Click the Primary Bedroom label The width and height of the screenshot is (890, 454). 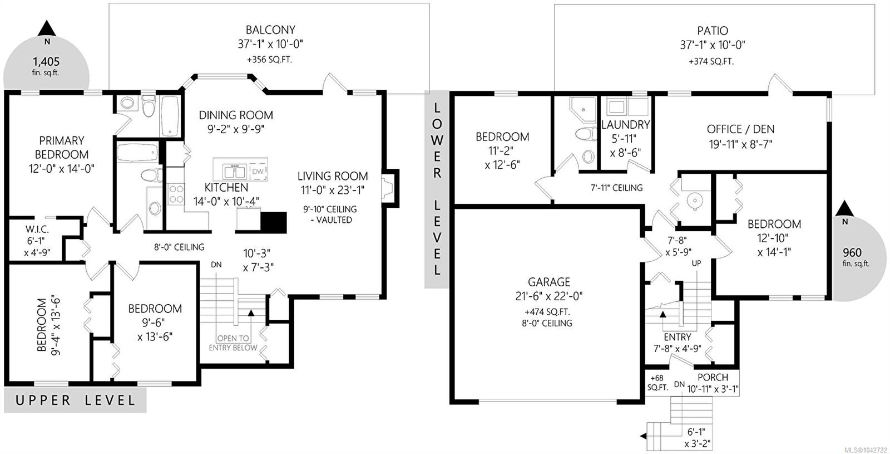point(62,148)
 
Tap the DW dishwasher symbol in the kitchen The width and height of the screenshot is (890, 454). point(258,171)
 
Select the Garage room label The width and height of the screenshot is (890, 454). point(548,282)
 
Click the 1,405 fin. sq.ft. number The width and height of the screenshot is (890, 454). point(46,62)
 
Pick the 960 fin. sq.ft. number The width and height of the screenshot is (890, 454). point(852,253)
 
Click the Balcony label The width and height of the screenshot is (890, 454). point(270,30)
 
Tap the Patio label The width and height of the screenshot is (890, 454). point(713,31)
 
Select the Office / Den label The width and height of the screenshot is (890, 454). point(740,129)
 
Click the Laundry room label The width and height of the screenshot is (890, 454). point(625,125)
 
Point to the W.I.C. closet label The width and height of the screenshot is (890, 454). point(37,229)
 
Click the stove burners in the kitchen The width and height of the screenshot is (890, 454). point(176,194)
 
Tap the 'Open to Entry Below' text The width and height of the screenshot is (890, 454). point(233,343)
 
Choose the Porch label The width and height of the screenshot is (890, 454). point(713,377)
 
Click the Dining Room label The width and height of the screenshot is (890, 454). point(236,115)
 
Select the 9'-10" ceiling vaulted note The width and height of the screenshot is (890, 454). point(330,214)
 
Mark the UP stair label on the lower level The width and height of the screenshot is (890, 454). point(696,263)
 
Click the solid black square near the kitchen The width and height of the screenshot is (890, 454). point(274,223)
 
